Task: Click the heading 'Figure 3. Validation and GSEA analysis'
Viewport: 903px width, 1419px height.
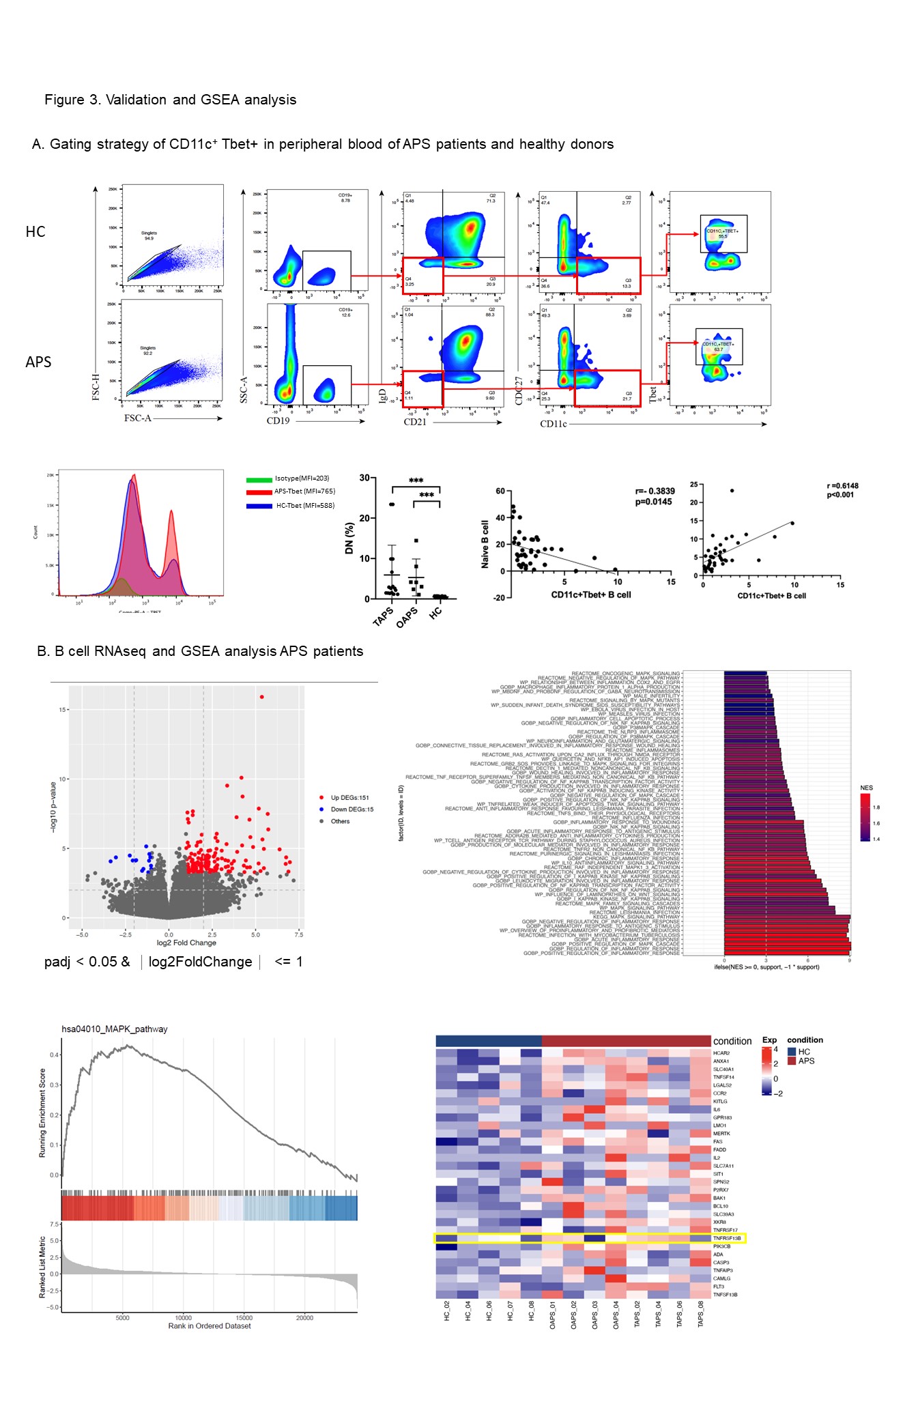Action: (x=170, y=100)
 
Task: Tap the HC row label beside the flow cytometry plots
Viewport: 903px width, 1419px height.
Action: (x=35, y=232)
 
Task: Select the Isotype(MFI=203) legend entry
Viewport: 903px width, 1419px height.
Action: (x=302, y=478)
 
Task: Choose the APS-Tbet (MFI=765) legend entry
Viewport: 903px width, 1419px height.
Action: (x=304, y=491)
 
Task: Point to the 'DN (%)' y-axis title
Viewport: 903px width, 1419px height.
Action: (x=349, y=538)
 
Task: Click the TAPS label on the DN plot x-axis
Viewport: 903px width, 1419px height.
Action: (x=384, y=616)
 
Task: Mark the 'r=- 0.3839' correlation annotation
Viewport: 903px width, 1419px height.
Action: (x=655, y=491)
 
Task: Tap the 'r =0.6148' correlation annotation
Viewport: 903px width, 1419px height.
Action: (x=842, y=486)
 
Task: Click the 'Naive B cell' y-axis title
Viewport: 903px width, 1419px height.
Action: (x=485, y=544)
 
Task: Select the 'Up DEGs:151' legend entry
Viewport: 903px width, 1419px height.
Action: (x=349, y=797)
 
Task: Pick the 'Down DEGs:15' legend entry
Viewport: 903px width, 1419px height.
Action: (x=352, y=809)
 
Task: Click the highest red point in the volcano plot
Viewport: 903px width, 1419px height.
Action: (x=261, y=697)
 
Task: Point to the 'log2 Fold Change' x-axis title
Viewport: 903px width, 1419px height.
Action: (x=186, y=943)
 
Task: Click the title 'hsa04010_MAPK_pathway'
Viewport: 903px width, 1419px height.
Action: (x=115, y=1029)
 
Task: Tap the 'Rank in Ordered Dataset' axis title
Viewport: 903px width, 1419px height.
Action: (x=210, y=1326)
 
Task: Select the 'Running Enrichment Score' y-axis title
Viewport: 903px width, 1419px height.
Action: (x=42, y=1113)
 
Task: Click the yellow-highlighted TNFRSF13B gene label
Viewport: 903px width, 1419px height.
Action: (x=726, y=1238)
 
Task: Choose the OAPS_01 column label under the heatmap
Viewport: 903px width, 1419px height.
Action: (x=553, y=1315)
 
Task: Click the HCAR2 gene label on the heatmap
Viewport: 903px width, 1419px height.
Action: (x=721, y=1053)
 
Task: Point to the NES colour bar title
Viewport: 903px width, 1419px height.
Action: (x=866, y=788)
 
